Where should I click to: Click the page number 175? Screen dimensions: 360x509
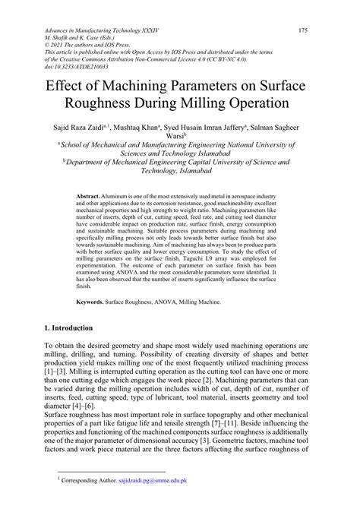[x=303, y=30]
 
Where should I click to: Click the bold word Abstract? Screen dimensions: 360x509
[x=88, y=196]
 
